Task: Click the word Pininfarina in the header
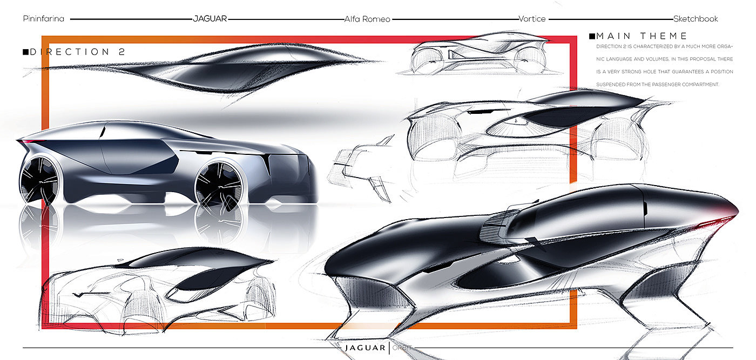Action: pos(44,19)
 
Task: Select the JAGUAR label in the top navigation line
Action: pos(210,19)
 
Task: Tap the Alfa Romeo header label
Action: pos(367,19)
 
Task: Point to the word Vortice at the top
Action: pos(531,19)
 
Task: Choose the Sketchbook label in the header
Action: pos(696,19)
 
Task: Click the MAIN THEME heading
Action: pos(642,36)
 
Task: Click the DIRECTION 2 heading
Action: pos(78,52)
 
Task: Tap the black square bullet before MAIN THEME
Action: pos(592,36)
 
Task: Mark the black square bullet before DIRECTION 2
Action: pos(25,52)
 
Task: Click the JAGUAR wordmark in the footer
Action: pos(366,348)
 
